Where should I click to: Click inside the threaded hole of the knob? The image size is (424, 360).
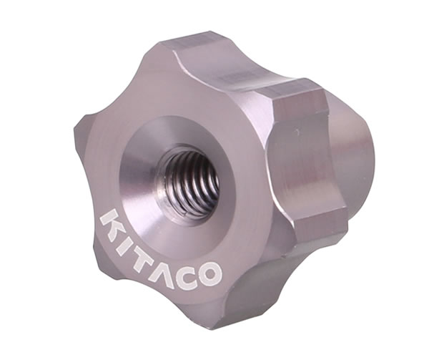(x=192, y=183)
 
